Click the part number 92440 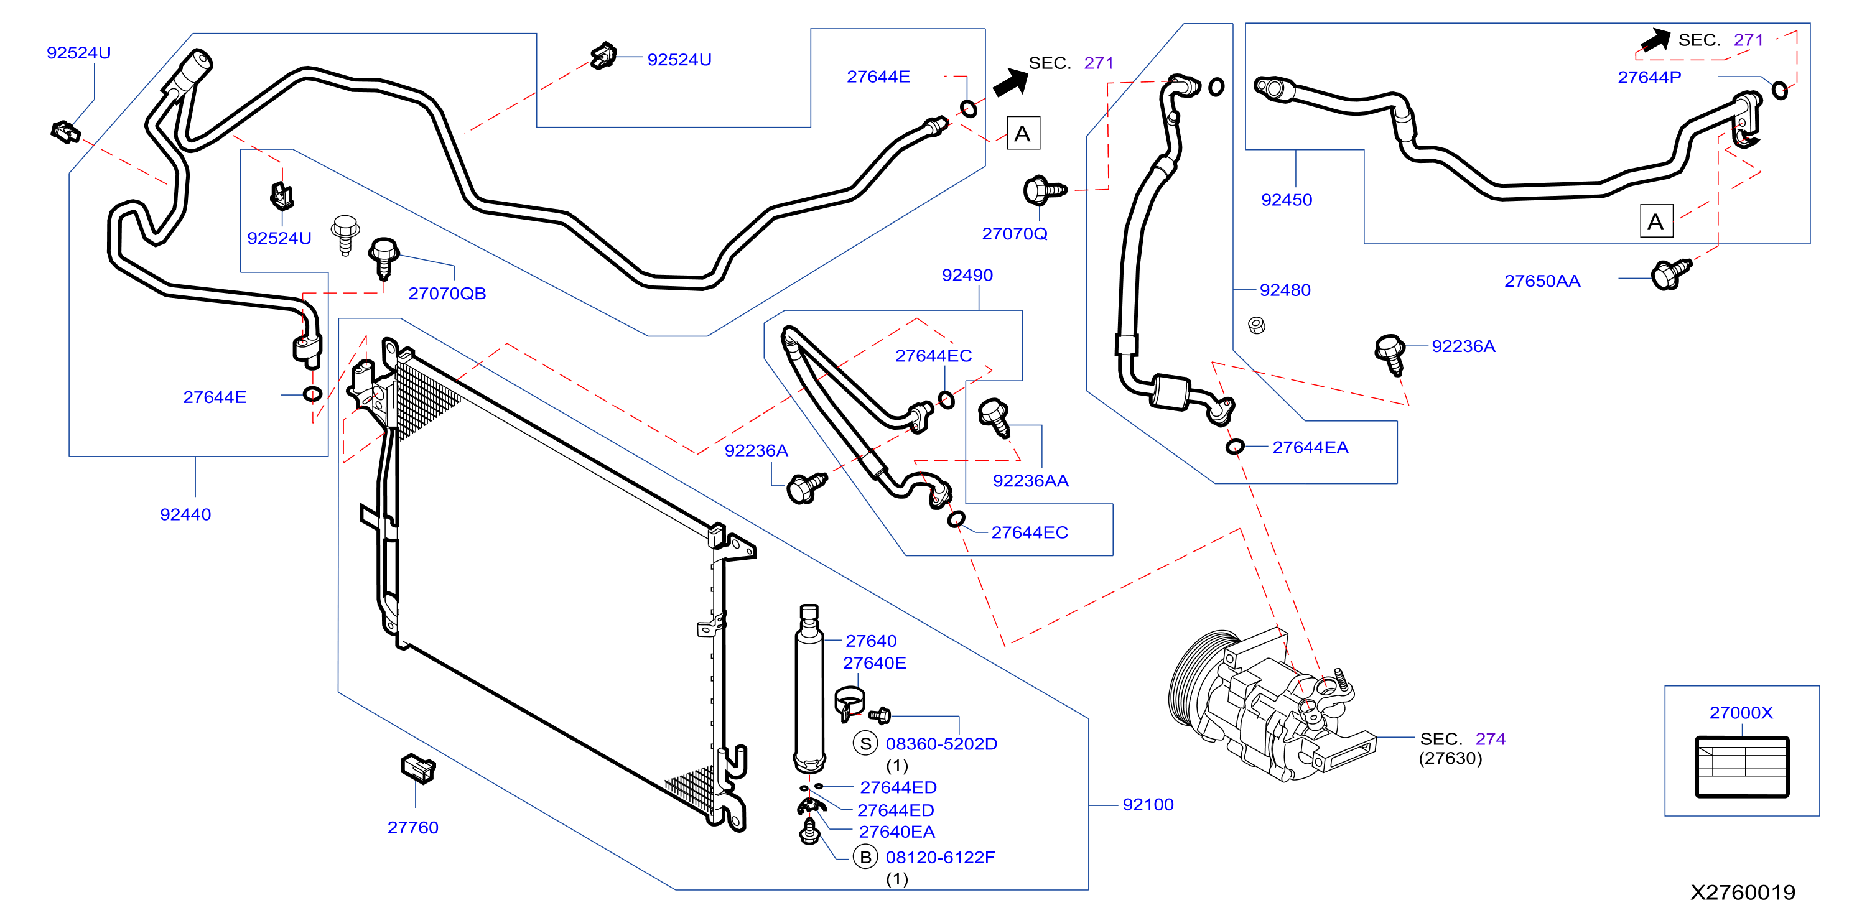[x=185, y=514]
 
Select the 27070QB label [x=447, y=294]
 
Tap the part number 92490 [x=967, y=276]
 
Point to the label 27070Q [x=1014, y=234]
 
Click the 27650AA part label [x=1542, y=281]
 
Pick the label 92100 [x=1147, y=804]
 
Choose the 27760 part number [x=412, y=827]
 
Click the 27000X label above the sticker [x=1741, y=713]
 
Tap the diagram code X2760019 [x=1743, y=893]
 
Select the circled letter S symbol [x=865, y=743]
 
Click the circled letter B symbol [x=865, y=857]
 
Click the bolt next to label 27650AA [x=1670, y=274]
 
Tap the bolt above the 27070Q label [x=1044, y=190]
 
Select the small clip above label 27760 [x=418, y=768]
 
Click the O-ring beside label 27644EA [x=1235, y=447]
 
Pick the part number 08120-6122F [x=940, y=858]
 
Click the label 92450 [x=1287, y=200]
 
